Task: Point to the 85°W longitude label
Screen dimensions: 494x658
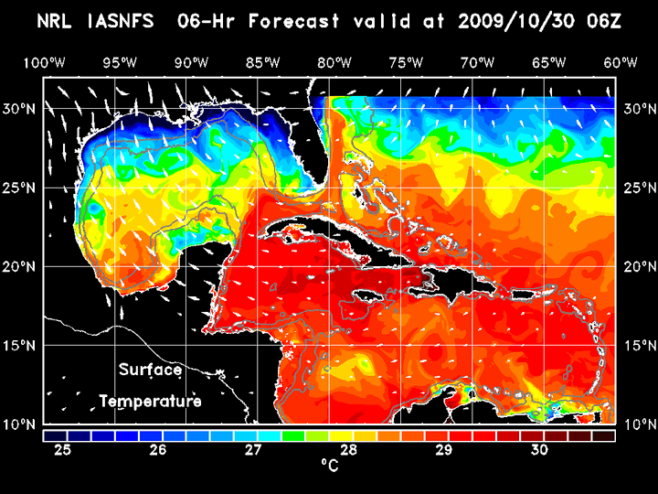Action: [262, 62]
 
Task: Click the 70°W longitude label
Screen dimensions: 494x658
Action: [477, 62]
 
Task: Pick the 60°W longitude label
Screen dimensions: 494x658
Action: [621, 62]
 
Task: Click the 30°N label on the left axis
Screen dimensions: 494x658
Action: [20, 108]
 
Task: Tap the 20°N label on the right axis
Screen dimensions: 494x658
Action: [638, 266]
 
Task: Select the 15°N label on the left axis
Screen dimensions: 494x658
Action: [20, 346]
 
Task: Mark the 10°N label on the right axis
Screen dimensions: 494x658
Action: [638, 424]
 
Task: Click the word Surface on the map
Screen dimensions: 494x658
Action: [150, 370]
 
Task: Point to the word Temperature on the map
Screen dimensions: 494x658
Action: [150, 401]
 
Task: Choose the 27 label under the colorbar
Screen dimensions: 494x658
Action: [253, 450]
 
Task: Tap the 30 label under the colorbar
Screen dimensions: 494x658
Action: [539, 450]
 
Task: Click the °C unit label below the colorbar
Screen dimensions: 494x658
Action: [329, 467]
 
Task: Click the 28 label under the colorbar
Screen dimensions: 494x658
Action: [348, 450]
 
